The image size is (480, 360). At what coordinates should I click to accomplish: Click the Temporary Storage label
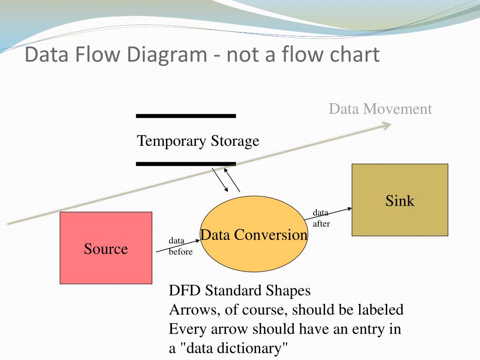pyautogui.click(x=198, y=141)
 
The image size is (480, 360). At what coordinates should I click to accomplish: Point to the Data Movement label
pyautogui.click(x=380, y=109)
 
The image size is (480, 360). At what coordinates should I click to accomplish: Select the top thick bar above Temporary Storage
pyautogui.click(x=186, y=115)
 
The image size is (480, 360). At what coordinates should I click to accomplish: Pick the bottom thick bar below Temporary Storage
pyautogui.click(x=186, y=164)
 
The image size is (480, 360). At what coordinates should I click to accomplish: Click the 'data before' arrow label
pyautogui.click(x=180, y=246)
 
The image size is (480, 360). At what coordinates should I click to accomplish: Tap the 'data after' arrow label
pyautogui.click(x=322, y=218)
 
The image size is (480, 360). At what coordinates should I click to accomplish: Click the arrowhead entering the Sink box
pyautogui.click(x=349, y=209)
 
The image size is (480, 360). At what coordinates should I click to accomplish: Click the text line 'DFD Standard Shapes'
pyautogui.click(x=240, y=291)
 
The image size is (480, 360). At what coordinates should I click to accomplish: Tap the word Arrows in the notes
pyautogui.click(x=190, y=310)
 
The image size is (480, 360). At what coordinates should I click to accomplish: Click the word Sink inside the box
pyautogui.click(x=400, y=201)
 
